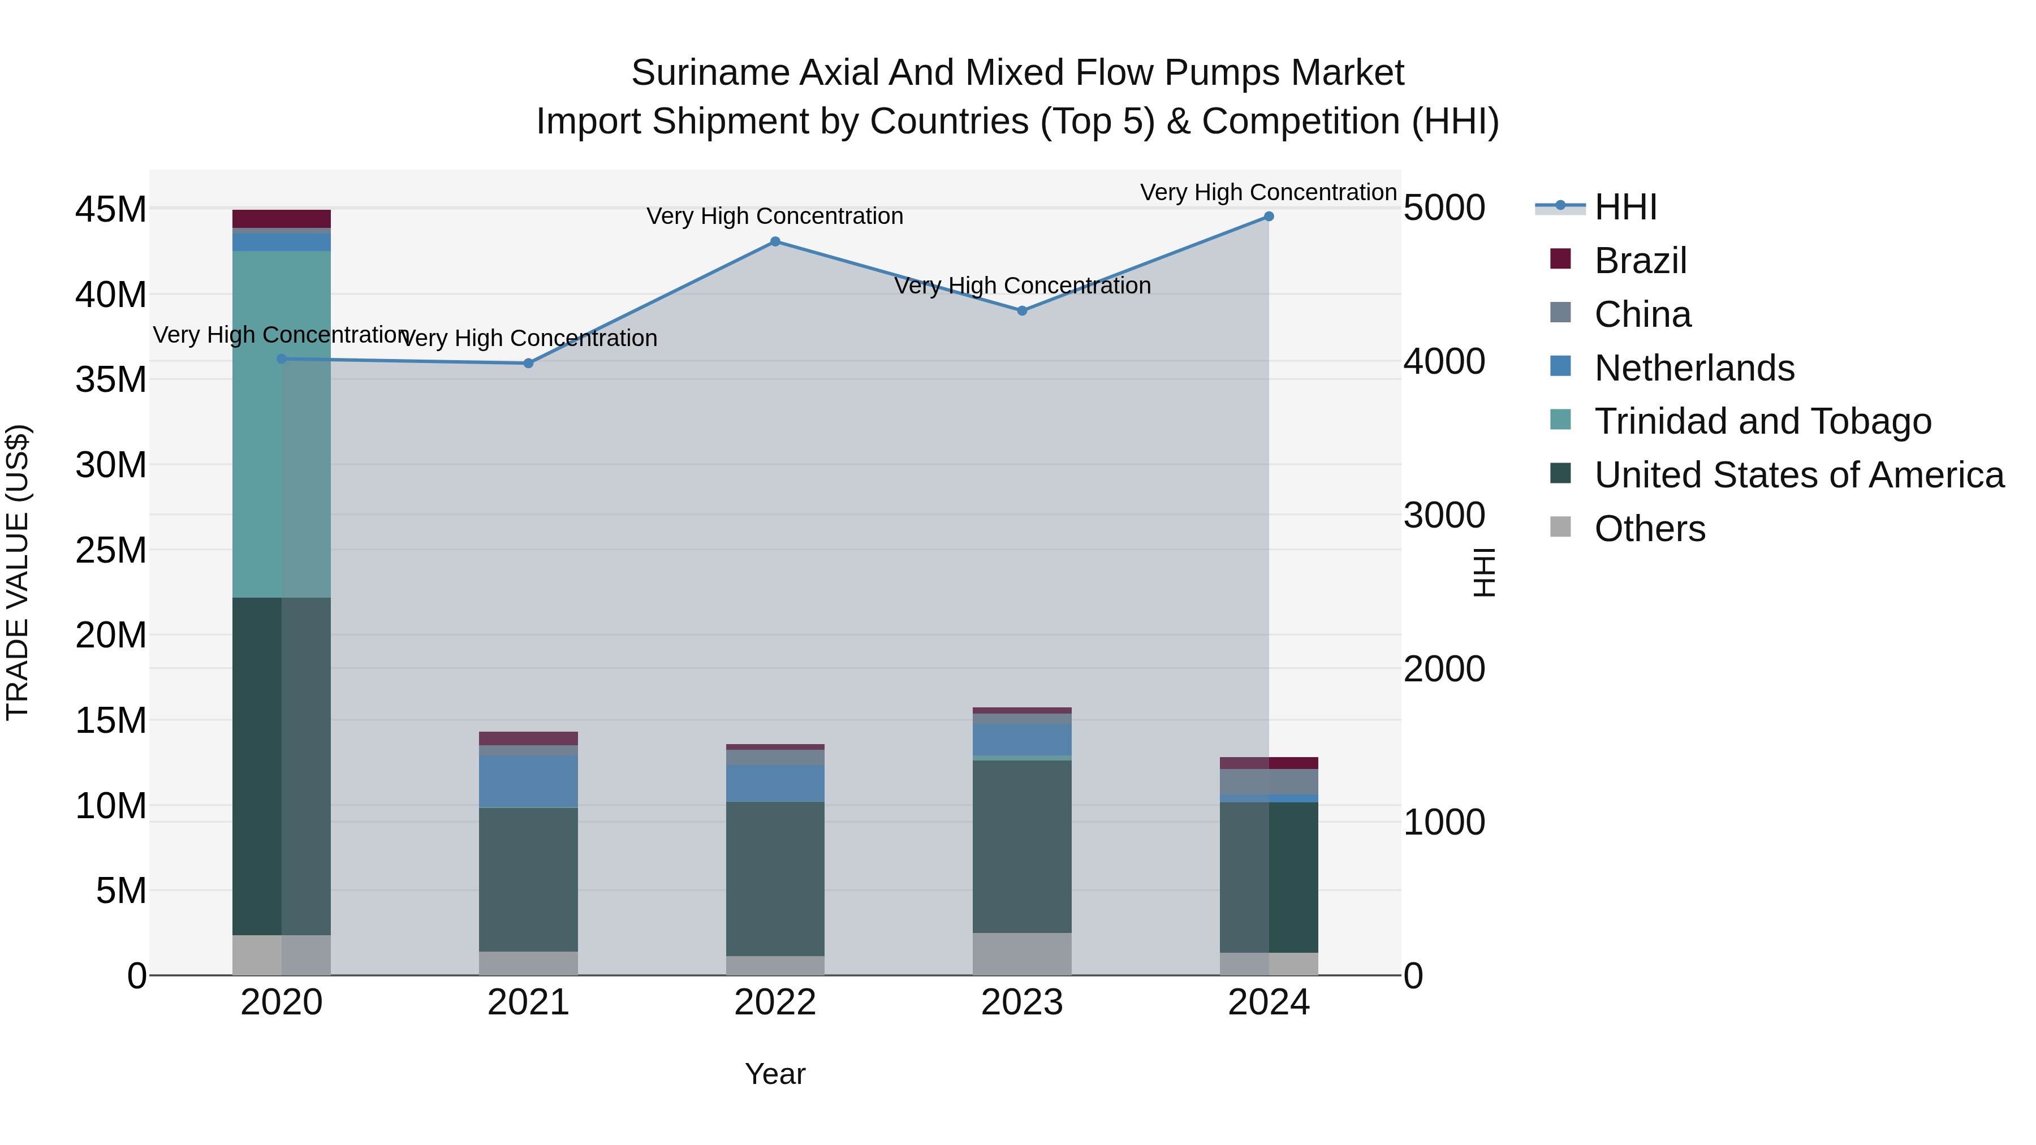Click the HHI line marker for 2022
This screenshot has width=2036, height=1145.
pos(775,242)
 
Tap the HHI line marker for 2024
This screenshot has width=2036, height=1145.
pos(1269,217)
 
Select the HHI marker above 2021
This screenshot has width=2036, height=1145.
pos(529,364)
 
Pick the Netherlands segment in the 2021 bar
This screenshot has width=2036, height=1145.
pos(528,781)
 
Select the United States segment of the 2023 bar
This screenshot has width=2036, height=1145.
pos(1021,845)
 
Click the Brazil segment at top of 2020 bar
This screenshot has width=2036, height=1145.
pos(282,218)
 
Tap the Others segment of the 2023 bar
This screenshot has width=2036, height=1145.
pos(1021,954)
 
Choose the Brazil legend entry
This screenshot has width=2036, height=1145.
pos(1640,261)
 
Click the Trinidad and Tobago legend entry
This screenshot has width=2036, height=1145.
pos(1762,421)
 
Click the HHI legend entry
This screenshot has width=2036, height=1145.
pos(1625,207)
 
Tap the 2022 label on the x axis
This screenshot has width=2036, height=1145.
pos(775,1003)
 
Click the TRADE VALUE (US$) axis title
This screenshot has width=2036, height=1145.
pos(18,572)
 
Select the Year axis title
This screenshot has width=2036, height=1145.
pos(775,1074)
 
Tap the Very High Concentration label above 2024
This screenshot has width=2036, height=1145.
pos(1268,192)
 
